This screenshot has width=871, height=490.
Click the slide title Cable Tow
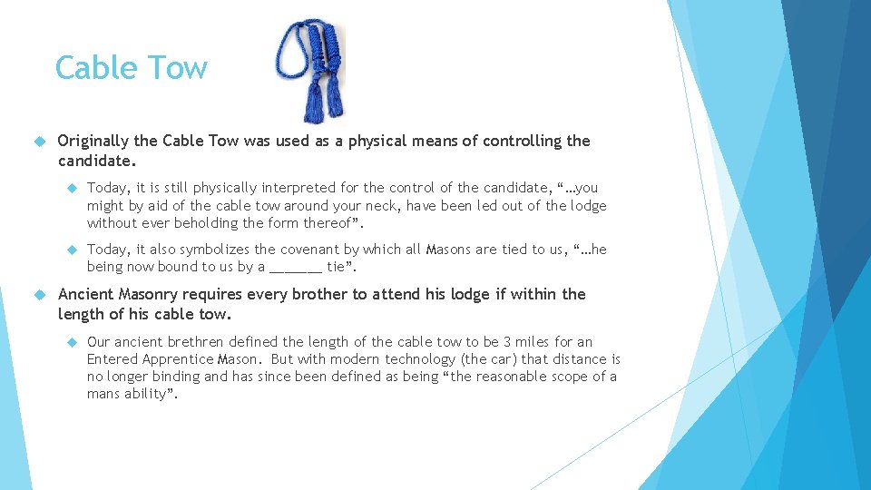131,68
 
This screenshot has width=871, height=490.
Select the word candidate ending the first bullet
94,161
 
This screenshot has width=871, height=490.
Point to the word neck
382,206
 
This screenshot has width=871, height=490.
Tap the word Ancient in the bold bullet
86,294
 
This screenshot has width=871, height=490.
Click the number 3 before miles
508,342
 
